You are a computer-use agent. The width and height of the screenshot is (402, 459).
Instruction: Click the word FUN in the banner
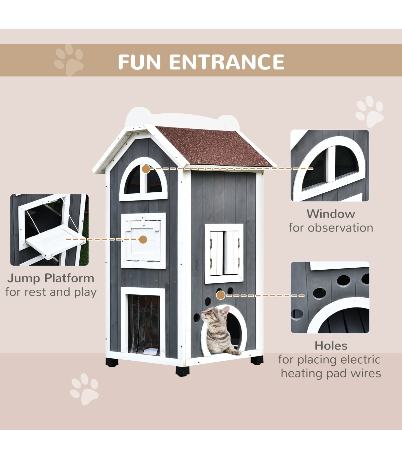[139, 62]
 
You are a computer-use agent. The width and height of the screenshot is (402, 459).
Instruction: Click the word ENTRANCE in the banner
[227, 62]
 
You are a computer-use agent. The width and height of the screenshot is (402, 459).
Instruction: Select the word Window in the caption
[331, 214]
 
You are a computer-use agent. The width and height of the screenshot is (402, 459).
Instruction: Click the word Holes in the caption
[331, 346]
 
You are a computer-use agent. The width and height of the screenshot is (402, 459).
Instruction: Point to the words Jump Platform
[51, 278]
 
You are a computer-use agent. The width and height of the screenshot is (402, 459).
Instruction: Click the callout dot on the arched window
[146, 169]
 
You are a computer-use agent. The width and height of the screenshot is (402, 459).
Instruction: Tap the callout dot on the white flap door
[143, 240]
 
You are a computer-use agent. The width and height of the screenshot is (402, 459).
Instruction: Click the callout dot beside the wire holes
[221, 295]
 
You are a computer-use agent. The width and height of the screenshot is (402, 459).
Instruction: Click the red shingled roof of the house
[213, 146]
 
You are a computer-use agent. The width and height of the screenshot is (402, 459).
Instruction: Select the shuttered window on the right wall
[224, 254]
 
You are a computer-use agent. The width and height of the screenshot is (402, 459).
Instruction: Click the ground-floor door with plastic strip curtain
[143, 322]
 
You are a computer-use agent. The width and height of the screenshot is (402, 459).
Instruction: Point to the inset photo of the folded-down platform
[49, 230]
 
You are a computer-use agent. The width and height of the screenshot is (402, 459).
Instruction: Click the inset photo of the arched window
[330, 166]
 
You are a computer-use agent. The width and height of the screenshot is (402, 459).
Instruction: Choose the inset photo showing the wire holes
[330, 297]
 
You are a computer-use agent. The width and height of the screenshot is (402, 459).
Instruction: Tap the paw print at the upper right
[370, 111]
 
